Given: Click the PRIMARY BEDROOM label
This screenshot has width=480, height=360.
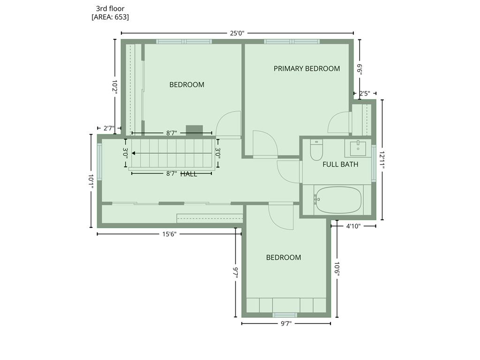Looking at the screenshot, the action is pyautogui.click(x=307, y=68).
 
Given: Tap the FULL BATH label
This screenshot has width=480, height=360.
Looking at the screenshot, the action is pyautogui.click(x=340, y=165).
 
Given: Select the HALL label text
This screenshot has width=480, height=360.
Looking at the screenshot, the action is pyautogui.click(x=189, y=174).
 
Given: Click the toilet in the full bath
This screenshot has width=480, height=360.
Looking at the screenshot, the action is pyautogui.click(x=316, y=150).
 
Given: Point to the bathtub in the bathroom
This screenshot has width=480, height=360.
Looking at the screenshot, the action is pyautogui.click(x=338, y=200).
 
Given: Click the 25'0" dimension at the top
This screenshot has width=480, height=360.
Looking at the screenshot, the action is pyautogui.click(x=237, y=33).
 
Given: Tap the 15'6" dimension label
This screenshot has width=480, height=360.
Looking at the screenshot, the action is pyautogui.click(x=169, y=234).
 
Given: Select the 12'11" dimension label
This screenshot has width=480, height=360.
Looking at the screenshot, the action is pyautogui.click(x=382, y=159).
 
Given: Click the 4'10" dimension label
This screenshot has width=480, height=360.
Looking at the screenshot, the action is pyautogui.click(x=353, y=226).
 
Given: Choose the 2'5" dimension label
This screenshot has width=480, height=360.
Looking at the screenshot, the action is pyautogui.click(x=365, y=93).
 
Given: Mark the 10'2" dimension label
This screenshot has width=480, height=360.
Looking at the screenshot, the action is pyautogui.click(x=115, y=87).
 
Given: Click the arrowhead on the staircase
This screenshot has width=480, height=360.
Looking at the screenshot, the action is pyautogui.click(x=134, y=153).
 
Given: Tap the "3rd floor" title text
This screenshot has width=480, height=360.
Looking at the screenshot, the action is pyautogui.click(x=110, y=8).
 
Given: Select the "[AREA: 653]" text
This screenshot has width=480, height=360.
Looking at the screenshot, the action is pyautogui.click(x=110, y=17).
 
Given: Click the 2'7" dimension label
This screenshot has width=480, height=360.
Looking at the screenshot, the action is pyautogui.click(x=109, y=128).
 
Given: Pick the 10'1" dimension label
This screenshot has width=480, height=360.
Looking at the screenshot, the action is pyautogui.click(x=91, y=181).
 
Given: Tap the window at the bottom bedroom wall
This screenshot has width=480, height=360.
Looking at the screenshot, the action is pyautogui.click(x=285, y=315).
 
